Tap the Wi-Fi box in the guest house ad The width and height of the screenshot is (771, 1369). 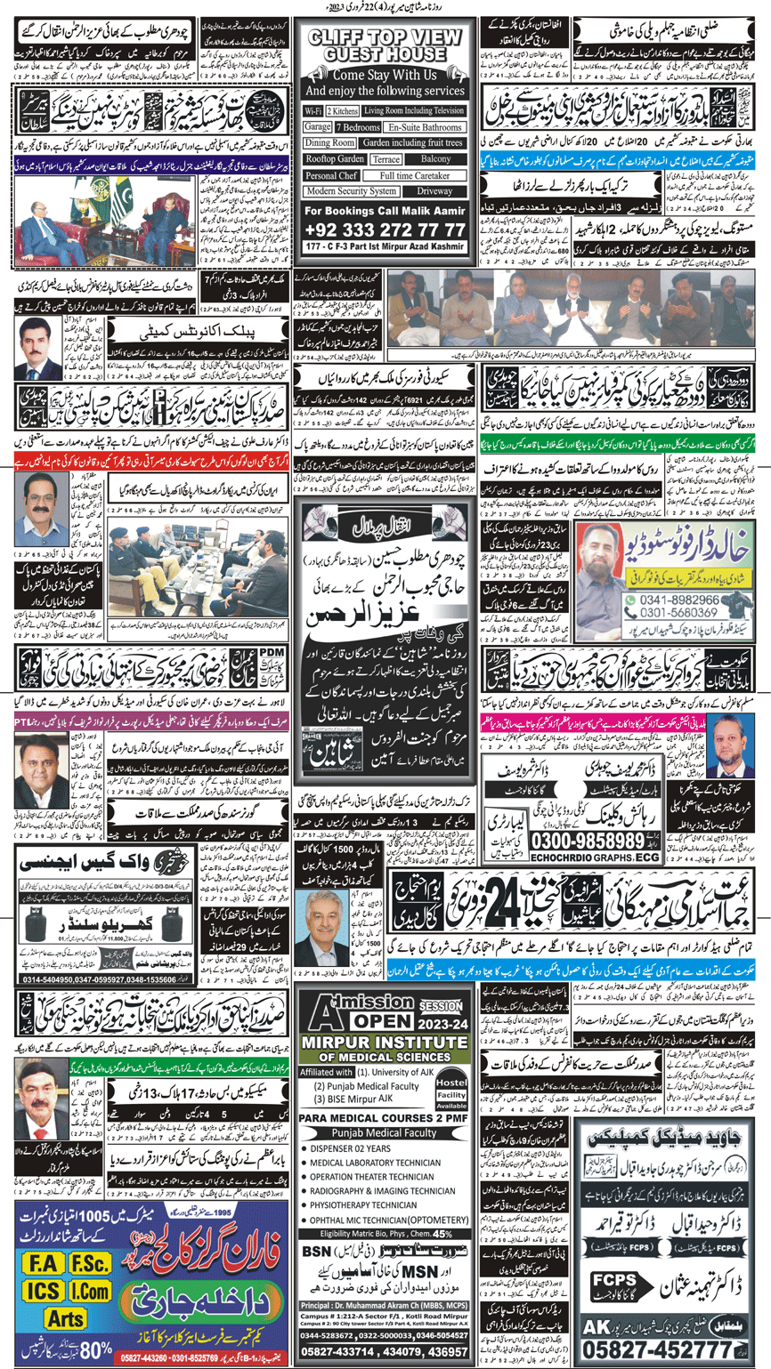(x=312, y=111)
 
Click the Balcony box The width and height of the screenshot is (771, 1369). (x=436, y=158)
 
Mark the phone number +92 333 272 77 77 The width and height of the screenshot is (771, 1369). (x=385, y=230)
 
